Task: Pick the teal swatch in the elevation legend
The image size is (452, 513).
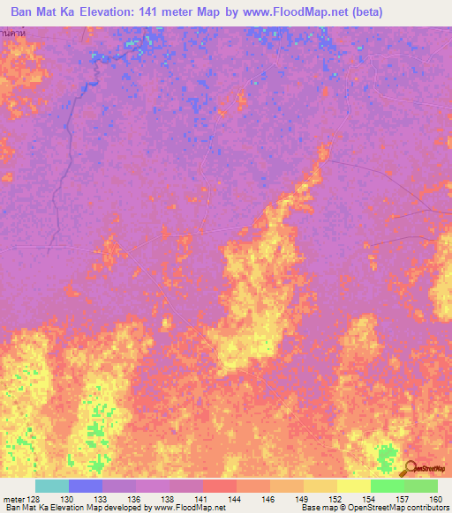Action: pos(51,486)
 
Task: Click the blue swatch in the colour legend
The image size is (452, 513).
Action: pos(85,486)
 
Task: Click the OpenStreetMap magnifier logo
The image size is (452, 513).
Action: pos(411,468)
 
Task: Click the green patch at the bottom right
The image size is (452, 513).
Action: pos(385,457)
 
